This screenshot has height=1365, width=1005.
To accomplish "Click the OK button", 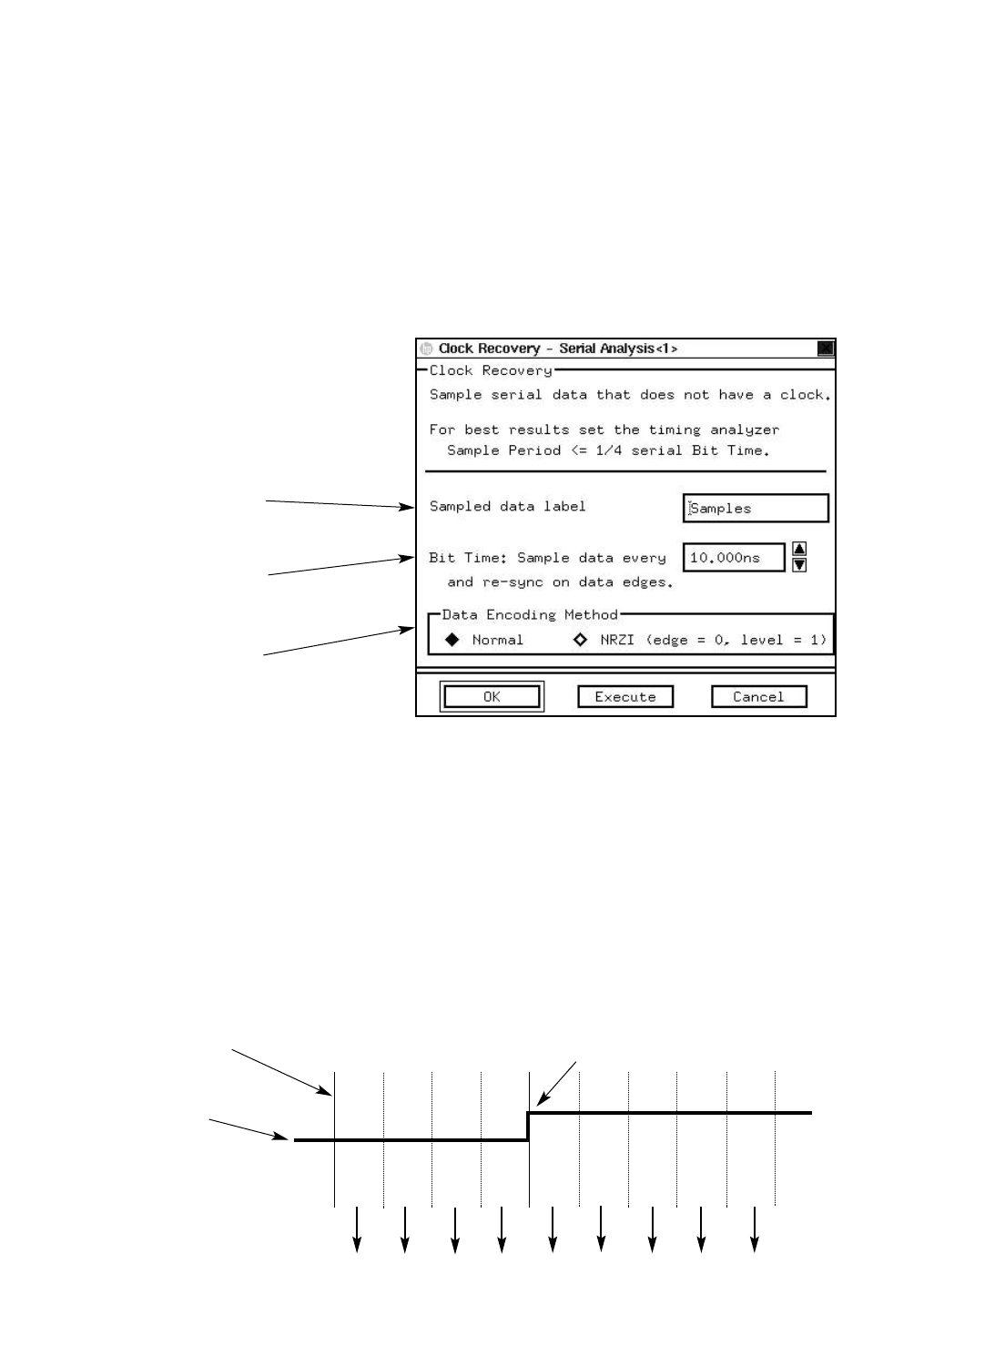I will pyautogui.click(x=492, y=697).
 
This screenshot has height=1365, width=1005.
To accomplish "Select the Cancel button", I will pyautogui.click(x=758, y=697).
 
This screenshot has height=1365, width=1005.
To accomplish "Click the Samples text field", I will pyautogui.click(x=756, y=509).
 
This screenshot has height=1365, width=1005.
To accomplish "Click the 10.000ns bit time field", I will pyautogui.click(x=733, y=558).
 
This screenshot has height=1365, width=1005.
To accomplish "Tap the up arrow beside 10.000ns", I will pyautogui.click(x=799, y=549).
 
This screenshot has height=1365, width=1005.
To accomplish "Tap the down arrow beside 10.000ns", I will pyautogui.click(x=799, y=565).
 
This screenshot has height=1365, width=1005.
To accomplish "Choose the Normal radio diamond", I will pyautogui.click(x=452, y=640).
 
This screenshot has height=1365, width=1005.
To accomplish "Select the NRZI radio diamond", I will pyautogui.click(x=580, y=640).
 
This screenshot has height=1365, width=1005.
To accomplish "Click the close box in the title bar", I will pyautogui.click(x=825, y=349).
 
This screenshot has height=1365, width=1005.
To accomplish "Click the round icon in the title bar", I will pyautogui.click(x=426, y=349).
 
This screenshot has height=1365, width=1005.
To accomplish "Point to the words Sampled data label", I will pyautogui.click(x=507, y=506).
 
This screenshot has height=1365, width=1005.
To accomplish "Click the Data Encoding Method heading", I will pyautogui.click(x=530, y=615).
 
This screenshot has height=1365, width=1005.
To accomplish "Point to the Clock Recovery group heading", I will pyautogui.click(x=491, y=371).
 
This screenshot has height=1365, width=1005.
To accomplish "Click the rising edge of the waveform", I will pyautogui.click(x=529, y=1126).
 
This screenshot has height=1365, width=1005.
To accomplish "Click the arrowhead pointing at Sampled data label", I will pyautogui.click(x=409, y=508).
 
